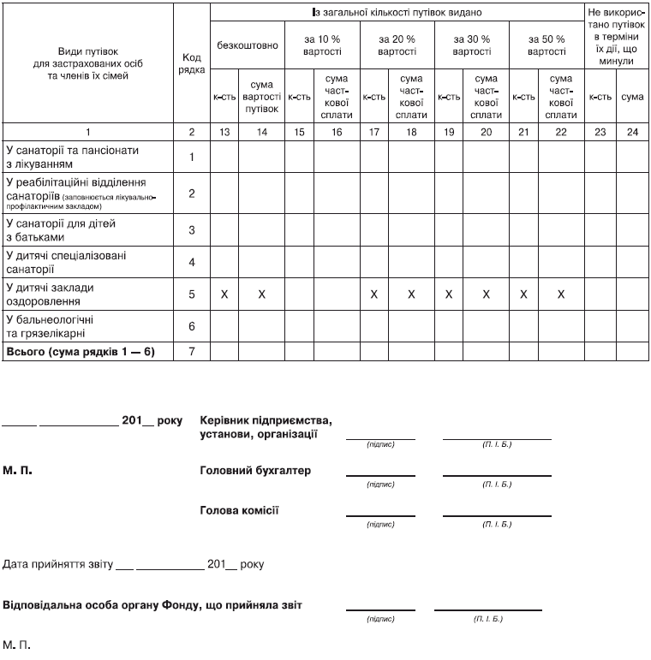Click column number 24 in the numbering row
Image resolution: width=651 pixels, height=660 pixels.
[x=633, y=132]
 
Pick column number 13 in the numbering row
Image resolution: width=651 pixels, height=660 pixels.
[x=224, y=132]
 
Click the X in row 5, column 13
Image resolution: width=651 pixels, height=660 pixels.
[x=224, y=294]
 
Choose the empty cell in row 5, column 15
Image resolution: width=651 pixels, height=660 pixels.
[x=299, y=294]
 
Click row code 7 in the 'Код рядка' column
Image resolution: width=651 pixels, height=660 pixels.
[x=192, y=352]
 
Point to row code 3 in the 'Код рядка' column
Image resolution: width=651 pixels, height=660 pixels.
[x=192, y=229]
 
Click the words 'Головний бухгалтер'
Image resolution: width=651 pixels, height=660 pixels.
[x=254, y=471]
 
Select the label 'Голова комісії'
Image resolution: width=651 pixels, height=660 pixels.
[x=239, y=510]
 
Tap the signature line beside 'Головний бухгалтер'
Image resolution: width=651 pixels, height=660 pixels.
[x=380, y=474]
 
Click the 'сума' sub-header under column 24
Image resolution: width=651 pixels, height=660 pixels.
[x=633, y=97]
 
